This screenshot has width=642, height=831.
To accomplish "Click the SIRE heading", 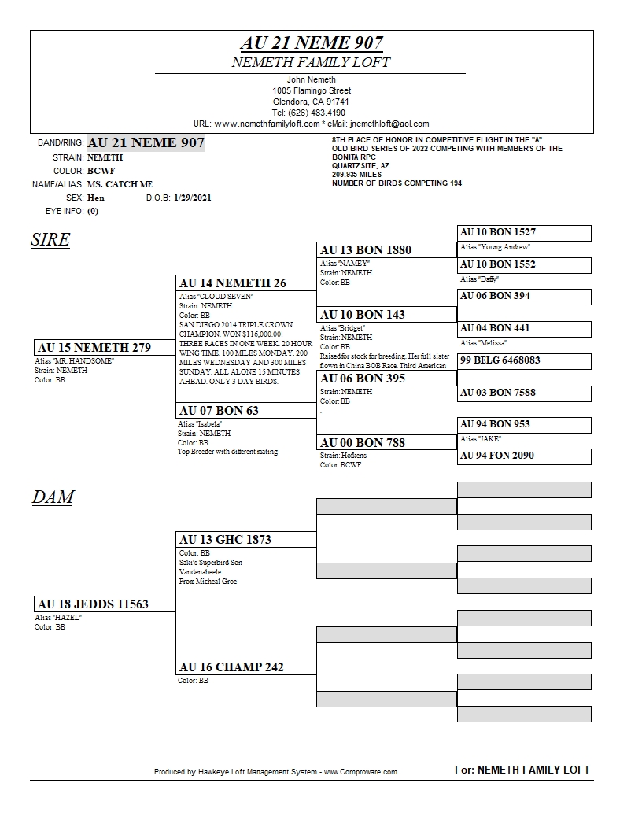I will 50,240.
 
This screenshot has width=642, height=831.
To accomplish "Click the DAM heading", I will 53,497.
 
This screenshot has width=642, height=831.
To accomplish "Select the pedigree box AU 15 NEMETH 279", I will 105,348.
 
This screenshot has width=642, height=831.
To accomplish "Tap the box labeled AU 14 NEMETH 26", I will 245,283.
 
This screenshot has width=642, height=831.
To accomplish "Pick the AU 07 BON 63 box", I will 245,411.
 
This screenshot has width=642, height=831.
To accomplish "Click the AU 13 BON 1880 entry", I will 386,250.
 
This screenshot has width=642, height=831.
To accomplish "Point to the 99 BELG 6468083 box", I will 524,360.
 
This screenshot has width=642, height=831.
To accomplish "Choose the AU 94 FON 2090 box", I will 524,456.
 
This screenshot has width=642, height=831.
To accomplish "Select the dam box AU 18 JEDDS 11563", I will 105,604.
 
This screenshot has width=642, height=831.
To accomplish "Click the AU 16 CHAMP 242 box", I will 245,667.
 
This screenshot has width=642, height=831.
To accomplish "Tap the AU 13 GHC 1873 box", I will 245,540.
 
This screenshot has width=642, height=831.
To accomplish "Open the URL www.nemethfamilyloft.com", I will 266,124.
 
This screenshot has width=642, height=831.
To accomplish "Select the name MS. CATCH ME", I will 120,184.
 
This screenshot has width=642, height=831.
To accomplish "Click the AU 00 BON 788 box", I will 386,443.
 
